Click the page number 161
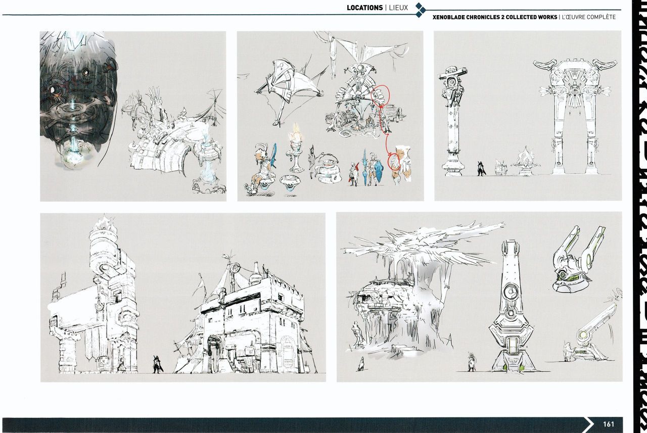pyautogui.click(x=608, y=424)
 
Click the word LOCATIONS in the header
pyautogui.click(x=364, y=8)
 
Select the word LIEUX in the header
pyautogui.click(x=398, y=8)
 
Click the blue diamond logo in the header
pyautogui.click(x=420, y=10)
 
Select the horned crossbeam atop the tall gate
pyautogui.click(x=575, y=66)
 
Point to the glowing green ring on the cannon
pyautogui.click(x=583, y=335)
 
